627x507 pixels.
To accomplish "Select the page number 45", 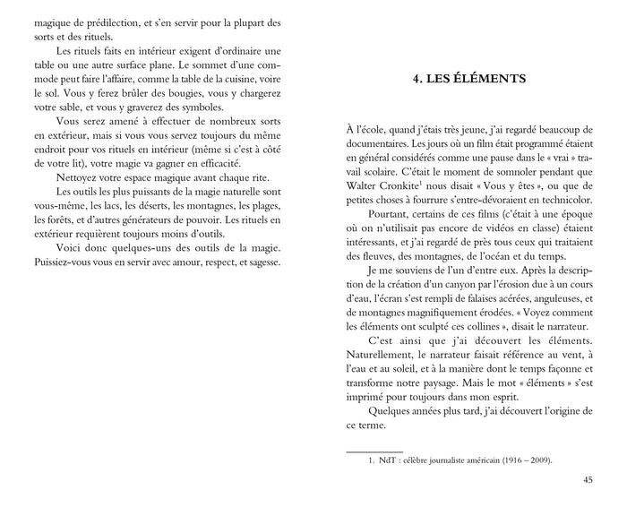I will click(x=588, y=479).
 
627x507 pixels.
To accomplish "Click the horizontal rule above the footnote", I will click(x=374, y=451).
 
